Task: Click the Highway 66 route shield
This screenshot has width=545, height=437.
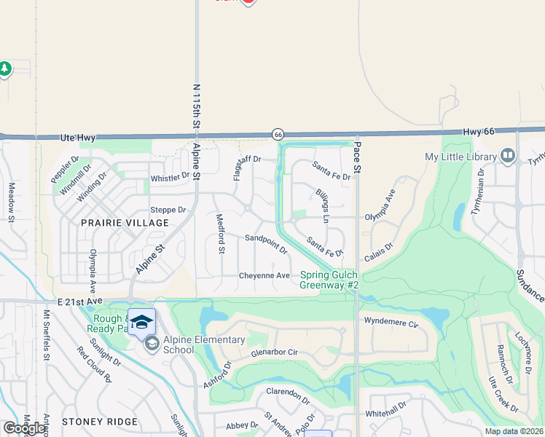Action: [278, 134]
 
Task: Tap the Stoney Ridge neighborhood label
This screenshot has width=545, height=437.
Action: [100, 422]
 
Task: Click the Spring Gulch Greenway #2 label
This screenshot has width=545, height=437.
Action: [329, 280]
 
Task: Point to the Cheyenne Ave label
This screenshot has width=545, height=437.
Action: [265, 275]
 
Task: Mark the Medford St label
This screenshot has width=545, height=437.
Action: [219, 233]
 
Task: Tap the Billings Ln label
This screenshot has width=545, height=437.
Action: [323, 203]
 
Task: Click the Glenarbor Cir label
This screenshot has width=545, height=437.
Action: [275, 352]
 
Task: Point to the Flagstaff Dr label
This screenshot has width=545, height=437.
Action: [238, 168]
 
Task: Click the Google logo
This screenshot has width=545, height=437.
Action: [24, 428]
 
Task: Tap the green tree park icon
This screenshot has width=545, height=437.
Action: [5, 69]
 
